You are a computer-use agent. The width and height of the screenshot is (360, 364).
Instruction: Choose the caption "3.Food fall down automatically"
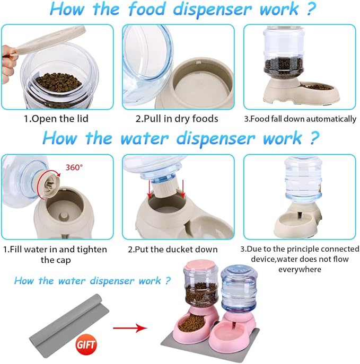[x=300, y=119]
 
